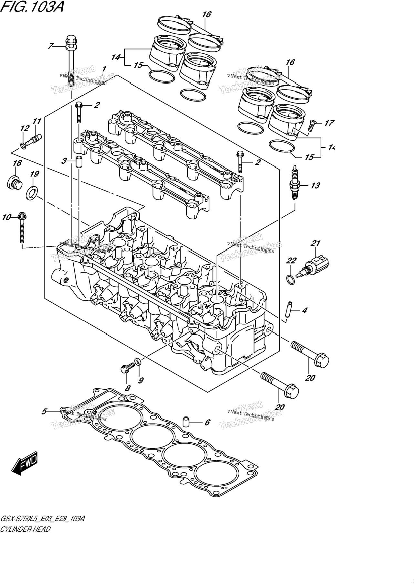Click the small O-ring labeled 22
tap(291, 279)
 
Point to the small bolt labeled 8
tap(128, 367)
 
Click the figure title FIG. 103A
tap(32, 6)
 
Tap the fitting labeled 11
tap(33, 140)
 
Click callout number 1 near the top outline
tap(104, 69)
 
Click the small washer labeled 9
tap(137, 361)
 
